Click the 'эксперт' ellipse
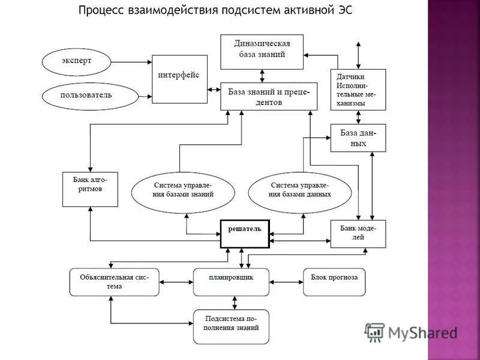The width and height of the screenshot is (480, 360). coord(77,61)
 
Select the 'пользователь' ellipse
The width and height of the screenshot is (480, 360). coord(86,95)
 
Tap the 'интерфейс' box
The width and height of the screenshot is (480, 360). coord(179,79)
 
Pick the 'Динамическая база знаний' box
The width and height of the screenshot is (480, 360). coord(262,52)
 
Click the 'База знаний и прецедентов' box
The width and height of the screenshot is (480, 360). coord(268,96)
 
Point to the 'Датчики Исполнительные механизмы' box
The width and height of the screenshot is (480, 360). coord(358,89)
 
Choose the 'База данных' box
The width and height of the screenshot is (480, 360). coord(358,138)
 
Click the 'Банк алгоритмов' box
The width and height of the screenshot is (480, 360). coord(90,189)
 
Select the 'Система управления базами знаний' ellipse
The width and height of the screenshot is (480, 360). coord(182,190)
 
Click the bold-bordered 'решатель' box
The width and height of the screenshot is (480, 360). coord(245,233)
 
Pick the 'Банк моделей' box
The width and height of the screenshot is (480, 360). coord(358,233)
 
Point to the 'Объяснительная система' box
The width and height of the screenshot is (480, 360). coord(114,282)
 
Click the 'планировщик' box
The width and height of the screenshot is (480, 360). coord(232,282)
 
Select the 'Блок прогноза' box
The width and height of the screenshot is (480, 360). coord(334,282)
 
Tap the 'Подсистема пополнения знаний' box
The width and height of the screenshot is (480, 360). coord(232,326)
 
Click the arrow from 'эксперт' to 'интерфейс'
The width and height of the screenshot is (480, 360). coord(132,62)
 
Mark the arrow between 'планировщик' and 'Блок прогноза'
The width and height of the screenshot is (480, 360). coord(286,281)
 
